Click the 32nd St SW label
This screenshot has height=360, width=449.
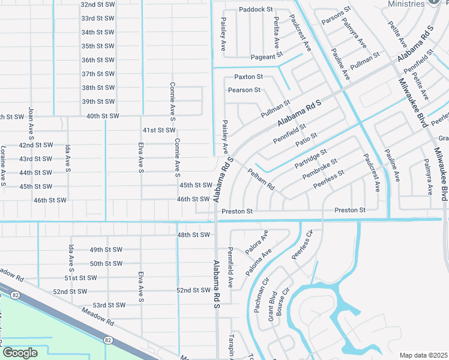(x=97, y=4)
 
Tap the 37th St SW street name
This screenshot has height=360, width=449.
(x=98, y=74)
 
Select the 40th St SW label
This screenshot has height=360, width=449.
(x=103, y=116)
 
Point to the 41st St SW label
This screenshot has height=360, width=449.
(x=158, y=130)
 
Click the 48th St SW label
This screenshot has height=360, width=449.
(x=193, y=235)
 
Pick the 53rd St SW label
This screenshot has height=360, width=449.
(x=109, y=305)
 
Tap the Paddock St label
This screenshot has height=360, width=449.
(x=256, y=10)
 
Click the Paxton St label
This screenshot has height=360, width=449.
(x=249, y=77)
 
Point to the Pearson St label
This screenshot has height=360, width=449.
(x=244, y=90)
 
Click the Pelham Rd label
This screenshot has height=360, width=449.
(x=261, y=179)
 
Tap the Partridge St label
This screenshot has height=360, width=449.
(x=310, y=159)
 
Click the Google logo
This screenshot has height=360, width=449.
(x=20, y=353)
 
